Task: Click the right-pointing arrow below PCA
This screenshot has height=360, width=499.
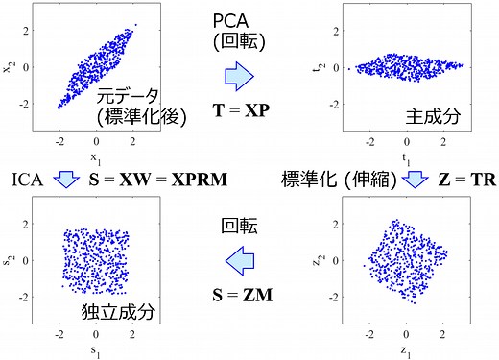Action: (239, 75)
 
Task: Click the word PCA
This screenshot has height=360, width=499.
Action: (239, 19)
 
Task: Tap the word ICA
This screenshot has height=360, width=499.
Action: (27, 180)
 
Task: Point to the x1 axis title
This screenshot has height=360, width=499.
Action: (94, 155)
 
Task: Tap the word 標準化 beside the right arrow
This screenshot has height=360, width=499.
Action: (307, 180)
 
